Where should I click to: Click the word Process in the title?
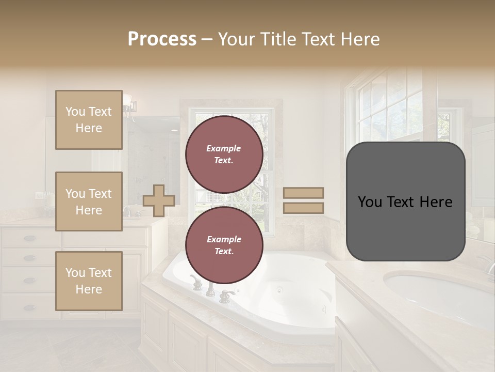pyautogui.click(x=162, y=39)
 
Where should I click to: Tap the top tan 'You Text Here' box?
pyautogui.click(x=89, y=120)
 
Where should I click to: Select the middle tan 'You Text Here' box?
pyautogui.click(x=89, y=202)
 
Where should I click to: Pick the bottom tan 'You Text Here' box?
pyautogui.click(x=89, y=281)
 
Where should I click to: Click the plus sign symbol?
pyautogui.click(x=159, y=200)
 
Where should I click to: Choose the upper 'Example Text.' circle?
pyautogui.click(x=224, y=154)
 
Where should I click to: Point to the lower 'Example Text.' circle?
pyautogui.click(x=224, y=245)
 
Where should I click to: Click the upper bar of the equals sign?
pyautogui.click(x=303, y=193)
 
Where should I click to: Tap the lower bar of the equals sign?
pyautogui.click(x=303, y=208)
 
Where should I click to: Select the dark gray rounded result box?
pyautogui.click(x=405, y=202)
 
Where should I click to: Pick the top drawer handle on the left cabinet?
pyautogui.click(x=30, y=238)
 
